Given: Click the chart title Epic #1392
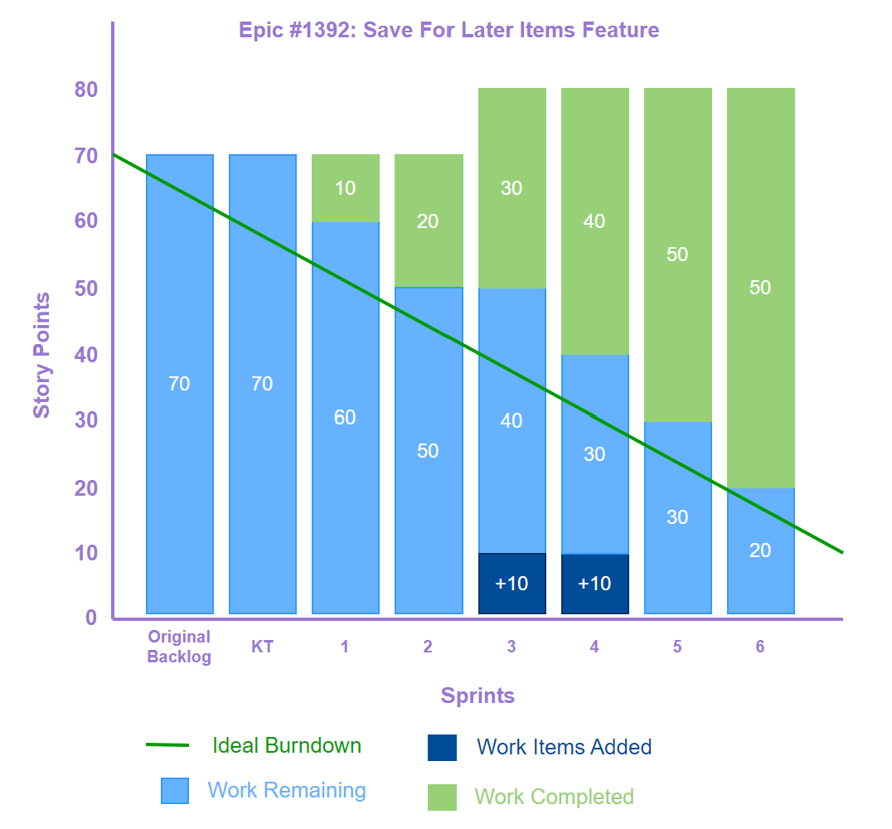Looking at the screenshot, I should (448, 31).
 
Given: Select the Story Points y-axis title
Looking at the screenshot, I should (41, 355).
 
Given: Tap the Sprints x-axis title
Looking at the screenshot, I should (478, 696).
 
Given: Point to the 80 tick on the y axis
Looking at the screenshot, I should (86, 90).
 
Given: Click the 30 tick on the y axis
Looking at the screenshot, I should (86, 420).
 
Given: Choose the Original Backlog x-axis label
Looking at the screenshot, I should (179, 647).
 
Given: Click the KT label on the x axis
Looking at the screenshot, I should (262, 647).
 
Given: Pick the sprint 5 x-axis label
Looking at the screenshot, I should (677, 647).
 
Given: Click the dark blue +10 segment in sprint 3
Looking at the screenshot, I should (511, 584).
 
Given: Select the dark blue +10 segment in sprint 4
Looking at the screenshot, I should (594, 584).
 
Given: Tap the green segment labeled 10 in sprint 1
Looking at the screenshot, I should (345, 188).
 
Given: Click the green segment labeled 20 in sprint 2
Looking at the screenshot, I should (428, 221).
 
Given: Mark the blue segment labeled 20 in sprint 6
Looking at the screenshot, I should (760, 550).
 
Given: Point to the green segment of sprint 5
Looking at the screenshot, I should (677, 255).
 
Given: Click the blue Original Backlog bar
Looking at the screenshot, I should (179, 384).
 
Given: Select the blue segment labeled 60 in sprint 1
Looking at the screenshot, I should (345, 417).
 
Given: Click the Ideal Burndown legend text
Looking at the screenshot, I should (287, 745).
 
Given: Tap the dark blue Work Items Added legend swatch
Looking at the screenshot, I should (442, 747).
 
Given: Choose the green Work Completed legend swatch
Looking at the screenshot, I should (442, 797).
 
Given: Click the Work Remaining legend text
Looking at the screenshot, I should (287, 790).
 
